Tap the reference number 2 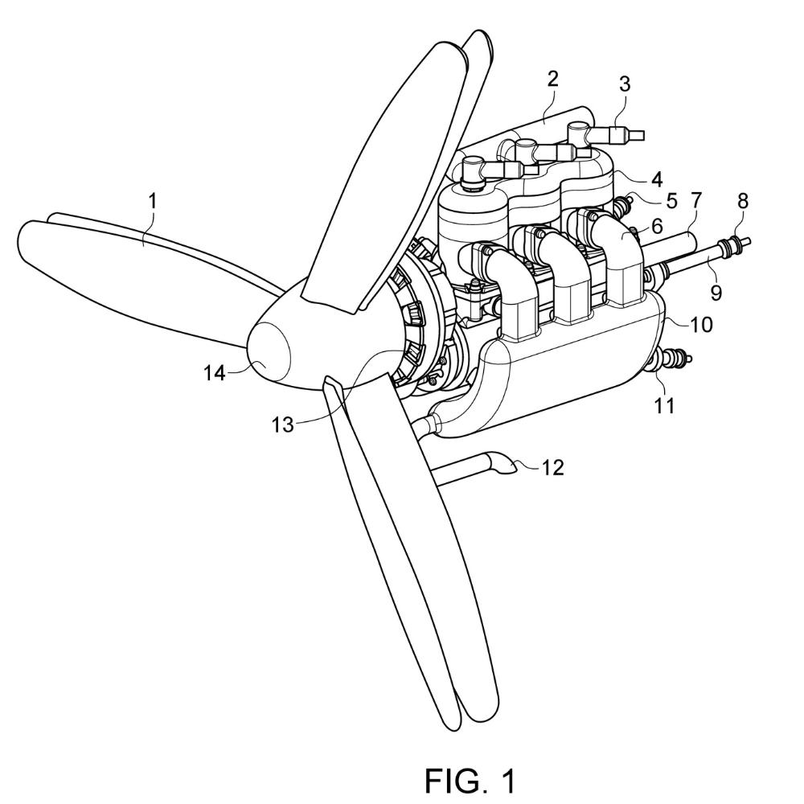coord(552,79)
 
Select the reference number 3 coord(624,84)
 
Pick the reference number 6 coord(657,228)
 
